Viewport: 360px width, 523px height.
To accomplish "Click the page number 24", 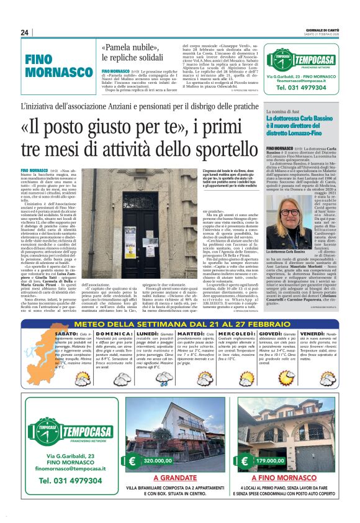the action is pos(25,33).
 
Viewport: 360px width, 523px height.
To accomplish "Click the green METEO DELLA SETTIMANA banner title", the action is pos(179,323).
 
